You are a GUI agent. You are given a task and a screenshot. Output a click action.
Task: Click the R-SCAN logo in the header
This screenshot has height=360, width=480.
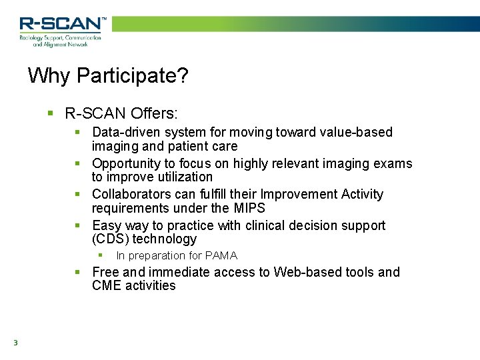61,24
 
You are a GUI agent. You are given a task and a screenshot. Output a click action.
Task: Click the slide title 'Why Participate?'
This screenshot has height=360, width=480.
108,75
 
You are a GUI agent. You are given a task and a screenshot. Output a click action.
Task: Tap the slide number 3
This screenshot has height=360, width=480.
15,343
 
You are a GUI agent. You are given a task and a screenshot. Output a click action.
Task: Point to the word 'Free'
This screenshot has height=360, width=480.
105,272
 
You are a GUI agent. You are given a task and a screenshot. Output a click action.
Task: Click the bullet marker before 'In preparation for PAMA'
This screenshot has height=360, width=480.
101,255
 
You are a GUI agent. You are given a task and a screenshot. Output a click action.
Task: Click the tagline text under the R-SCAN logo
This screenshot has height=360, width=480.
60,41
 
